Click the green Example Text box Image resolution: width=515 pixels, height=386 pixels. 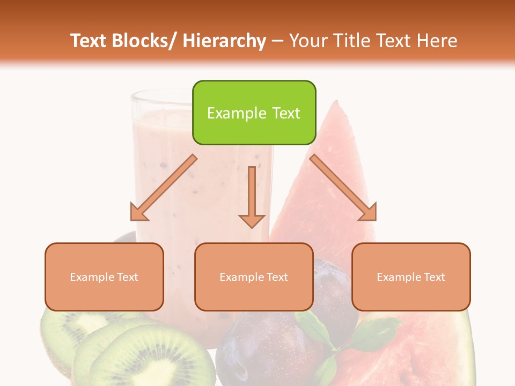pyautogui.click(x=254, y=113)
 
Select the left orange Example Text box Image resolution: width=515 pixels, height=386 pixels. pyautogui.click(x=104, y=277)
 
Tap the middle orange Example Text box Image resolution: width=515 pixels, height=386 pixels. pyautogui.click(x=254, y=277)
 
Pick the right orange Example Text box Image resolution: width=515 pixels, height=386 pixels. pyautogui.click(x=411, y=277)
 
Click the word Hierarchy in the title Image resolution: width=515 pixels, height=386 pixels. pyautogui.click(x=224, y=41)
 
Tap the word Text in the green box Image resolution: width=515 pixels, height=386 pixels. pyautogui.click(x=285, y=113)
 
